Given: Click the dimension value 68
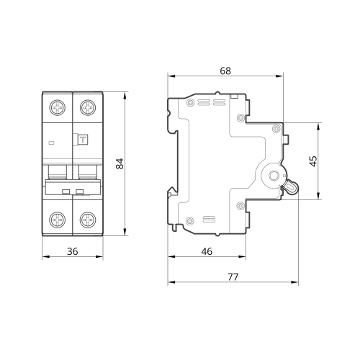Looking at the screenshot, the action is pos(225,71).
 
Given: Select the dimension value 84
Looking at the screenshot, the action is pos(120,163).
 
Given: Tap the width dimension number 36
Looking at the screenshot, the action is pos(73,251).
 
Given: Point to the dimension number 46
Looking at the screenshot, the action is pos(207,251).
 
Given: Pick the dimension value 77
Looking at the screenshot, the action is pos(233,277).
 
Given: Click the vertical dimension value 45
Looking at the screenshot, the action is pos(313,161).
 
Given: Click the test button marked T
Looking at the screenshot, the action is pos(83,140).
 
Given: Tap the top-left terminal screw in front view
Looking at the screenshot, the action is pos(58,107).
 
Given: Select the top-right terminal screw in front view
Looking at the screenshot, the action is pos(88,107).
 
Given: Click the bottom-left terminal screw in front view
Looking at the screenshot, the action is pos(58,220).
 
